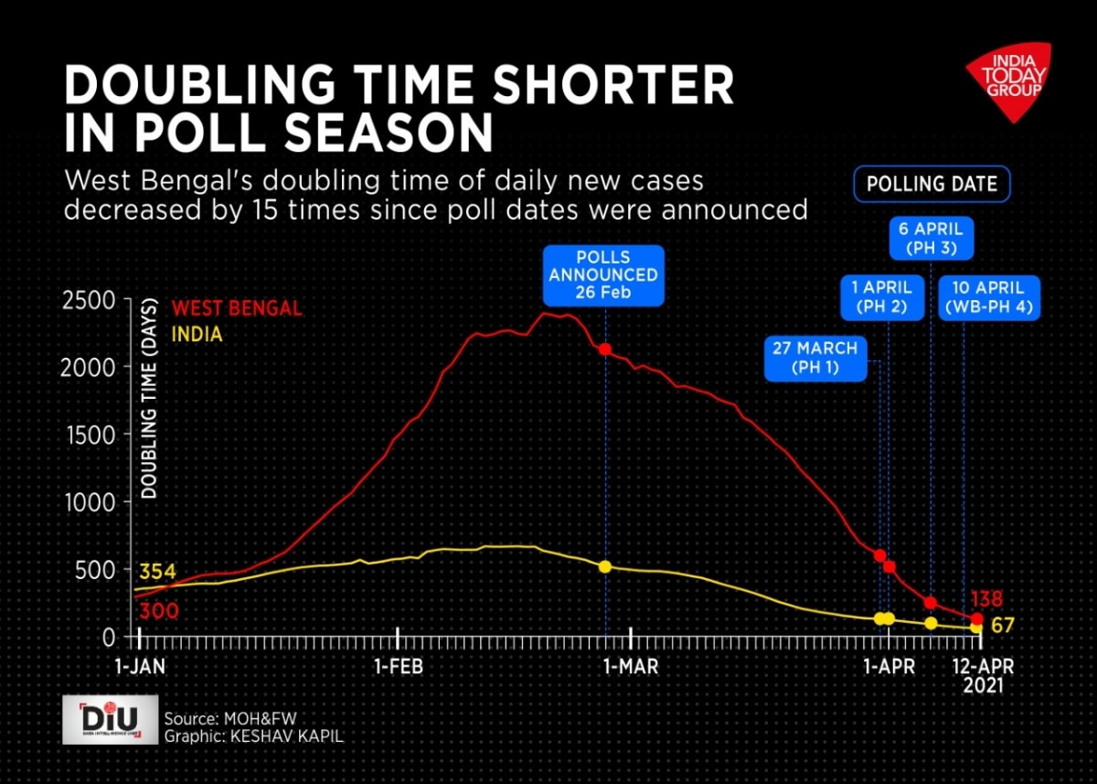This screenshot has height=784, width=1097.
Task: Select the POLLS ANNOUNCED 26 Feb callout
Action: pyautogui.click(x=603, y=274)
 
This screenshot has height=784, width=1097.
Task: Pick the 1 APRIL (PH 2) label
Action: pyautogui.click(x=880, y=298)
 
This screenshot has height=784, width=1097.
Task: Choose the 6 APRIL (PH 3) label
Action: pyautogui.click(x=932, y=237)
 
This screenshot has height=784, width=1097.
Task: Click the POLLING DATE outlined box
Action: pyautogui.click(x=932, y=184)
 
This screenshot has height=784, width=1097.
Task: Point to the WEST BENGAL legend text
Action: pyautogui.click(x=237, y=308)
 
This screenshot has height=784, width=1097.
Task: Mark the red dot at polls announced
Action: pyautogui.click(x=605, y=349)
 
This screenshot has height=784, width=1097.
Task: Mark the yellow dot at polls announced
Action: pyautogui.click(x=605, y=566)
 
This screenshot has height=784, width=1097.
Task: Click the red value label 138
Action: pyautogui.click(x=986, y=600)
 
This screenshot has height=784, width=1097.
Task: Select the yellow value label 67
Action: pyautogui.click(x=1002, y=626)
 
